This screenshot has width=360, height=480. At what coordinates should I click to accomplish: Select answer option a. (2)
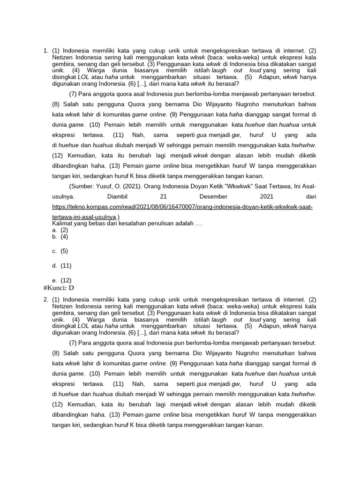click(60, 230)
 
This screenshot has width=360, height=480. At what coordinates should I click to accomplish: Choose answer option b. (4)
click(60, 237)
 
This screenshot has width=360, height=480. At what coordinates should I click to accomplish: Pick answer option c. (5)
click(60, 251)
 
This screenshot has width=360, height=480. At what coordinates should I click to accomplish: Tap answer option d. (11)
click(62, 265)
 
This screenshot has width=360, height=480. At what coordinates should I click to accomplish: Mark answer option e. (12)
click(62, 280)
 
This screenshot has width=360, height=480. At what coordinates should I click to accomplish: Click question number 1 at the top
click(45, 50)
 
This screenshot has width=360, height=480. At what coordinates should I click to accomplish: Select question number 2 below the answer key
click(45, 299)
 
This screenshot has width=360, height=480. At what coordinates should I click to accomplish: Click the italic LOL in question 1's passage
click(83, 77)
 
